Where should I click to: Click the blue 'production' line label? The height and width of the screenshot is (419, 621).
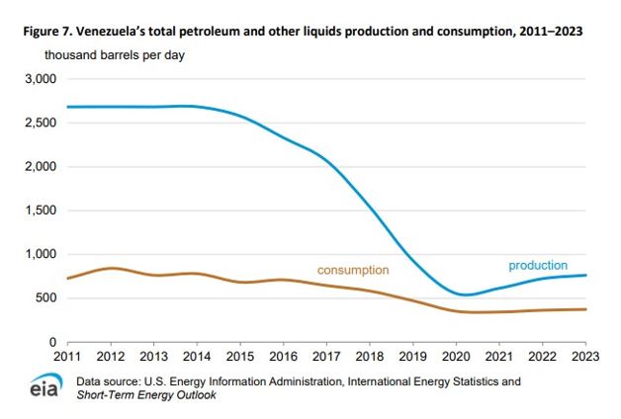coord(538,266)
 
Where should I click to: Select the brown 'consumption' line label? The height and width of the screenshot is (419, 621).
coord(353,270)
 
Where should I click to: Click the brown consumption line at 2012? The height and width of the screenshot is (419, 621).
coord(112,268)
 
